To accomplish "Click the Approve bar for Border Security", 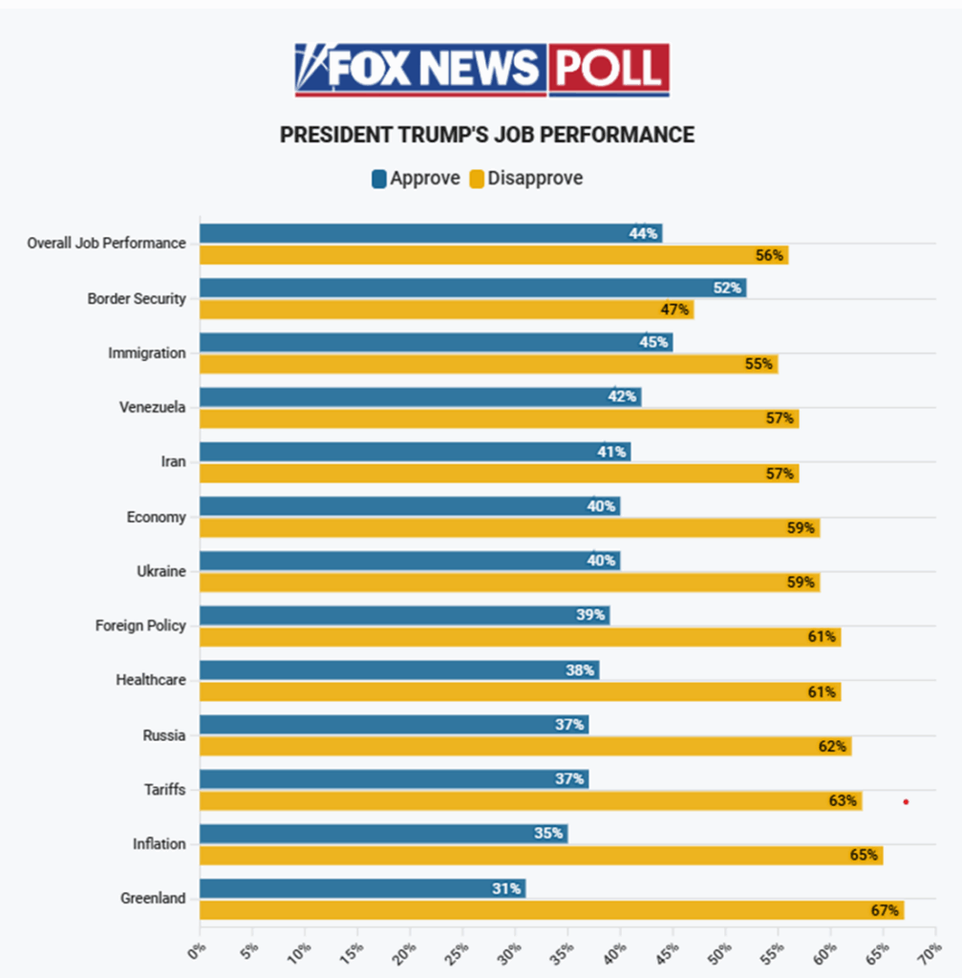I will (x=473, y=287).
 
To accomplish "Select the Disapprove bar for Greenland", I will (x=551, y=910).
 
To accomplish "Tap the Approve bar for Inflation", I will (x=383, y=834).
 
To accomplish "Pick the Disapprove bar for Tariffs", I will (x=530, y=800).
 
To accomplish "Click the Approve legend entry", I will (x=416, y=179).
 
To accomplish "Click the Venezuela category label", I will (x=153, y=408).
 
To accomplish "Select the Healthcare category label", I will (x=151, y=681).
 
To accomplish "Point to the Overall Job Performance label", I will (x=106, y=244).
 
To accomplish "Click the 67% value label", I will (x=885, y=910).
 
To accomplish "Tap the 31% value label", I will (x=506, y=888).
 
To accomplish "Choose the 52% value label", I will (x=727, y=287).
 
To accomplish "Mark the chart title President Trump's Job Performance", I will (x=486, y=135).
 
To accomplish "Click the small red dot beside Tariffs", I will (x=906, y=802).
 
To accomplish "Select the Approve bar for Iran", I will (x=415, y=452).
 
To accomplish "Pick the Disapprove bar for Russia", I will (x=524, y=746).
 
